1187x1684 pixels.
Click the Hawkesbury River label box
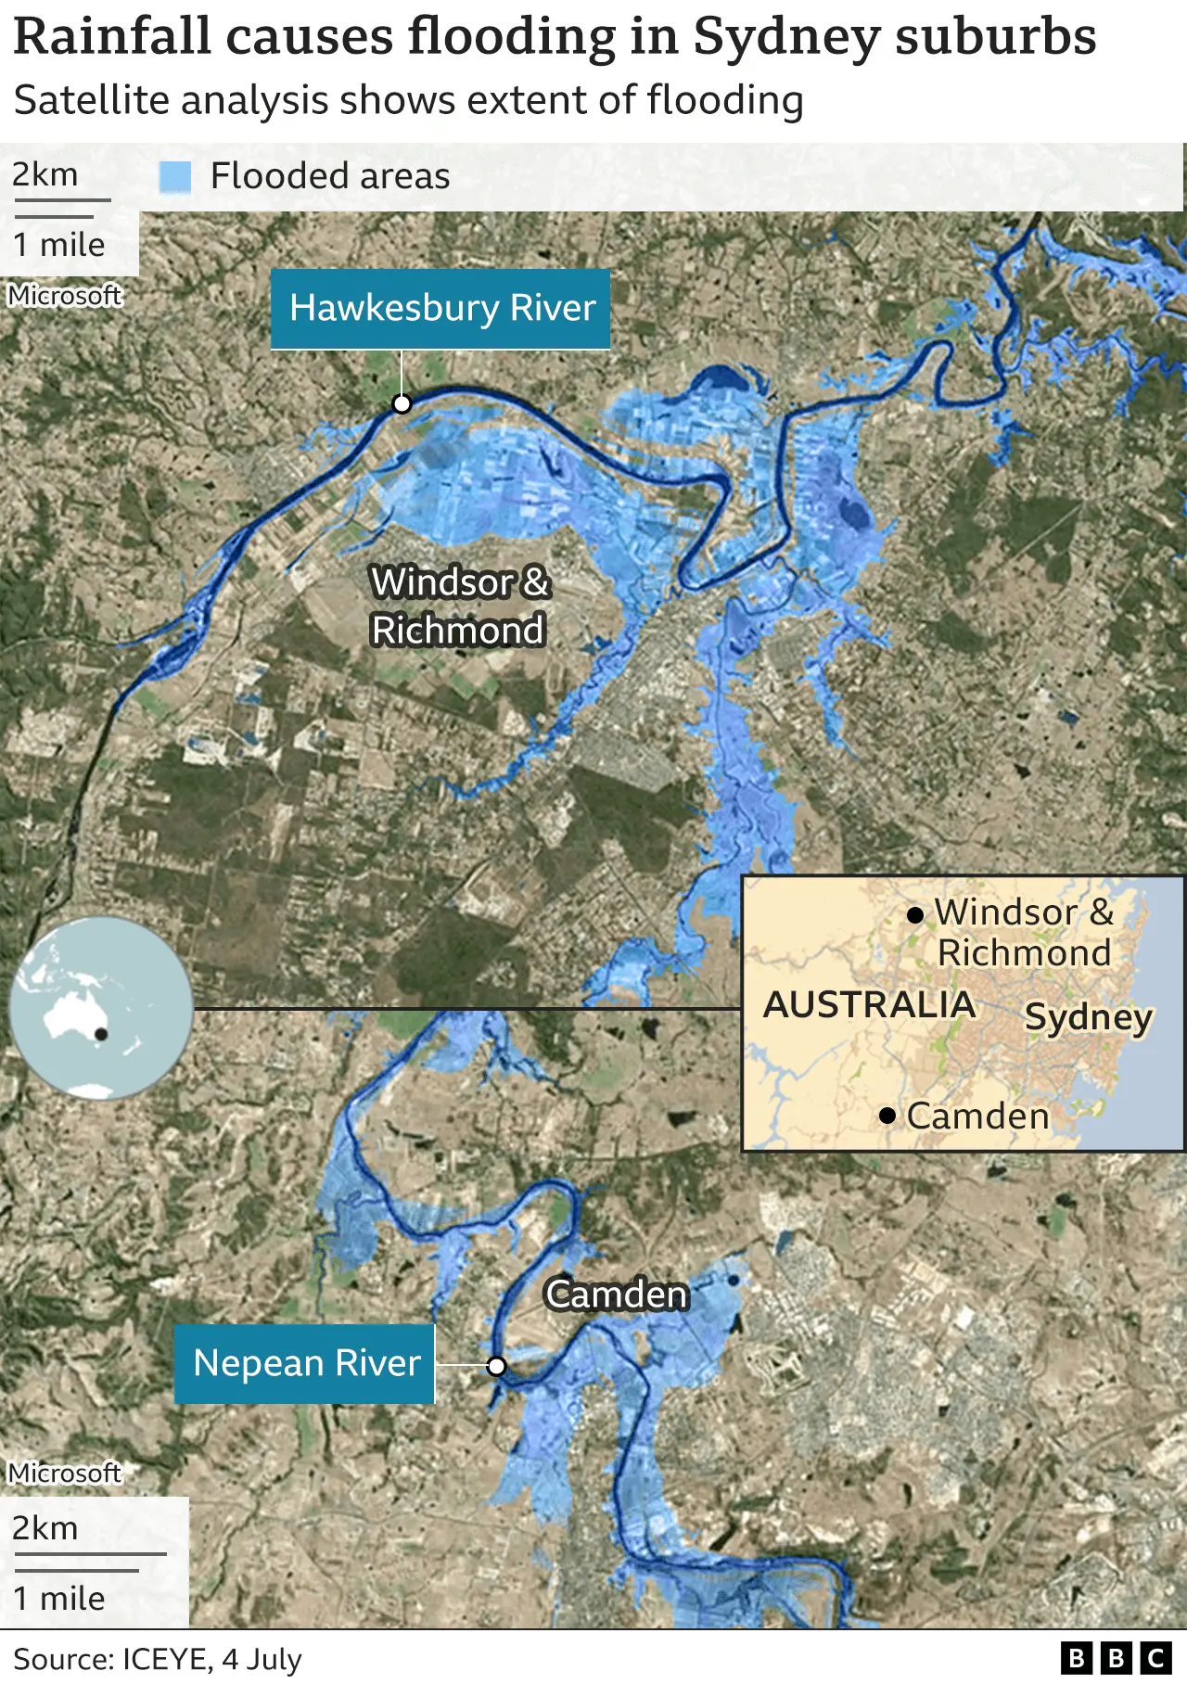click(440, 309)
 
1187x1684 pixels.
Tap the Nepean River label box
click(305, 1363)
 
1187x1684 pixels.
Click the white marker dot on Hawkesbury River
click(402, 403)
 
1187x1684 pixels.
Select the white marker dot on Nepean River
click(497, 1366)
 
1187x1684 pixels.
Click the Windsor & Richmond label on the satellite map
click(458, 606)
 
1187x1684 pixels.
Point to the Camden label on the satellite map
click(617, 1295)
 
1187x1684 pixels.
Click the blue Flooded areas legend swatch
click(175, 176)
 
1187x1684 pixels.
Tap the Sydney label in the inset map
click(1088, 1017)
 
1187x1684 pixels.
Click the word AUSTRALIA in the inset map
click(869, 1005)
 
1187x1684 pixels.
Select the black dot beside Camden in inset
click(887, 1116)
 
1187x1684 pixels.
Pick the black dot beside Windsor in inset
click(915, 915)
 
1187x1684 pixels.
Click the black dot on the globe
click(101, 1034)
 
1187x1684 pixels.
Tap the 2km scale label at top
click(45, 174)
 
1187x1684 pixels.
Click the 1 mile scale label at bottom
click(59, 1599)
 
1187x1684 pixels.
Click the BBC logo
click(1117, 1658)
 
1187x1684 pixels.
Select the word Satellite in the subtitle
click(92, 100)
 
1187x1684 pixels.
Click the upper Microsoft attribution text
click(65, 295)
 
